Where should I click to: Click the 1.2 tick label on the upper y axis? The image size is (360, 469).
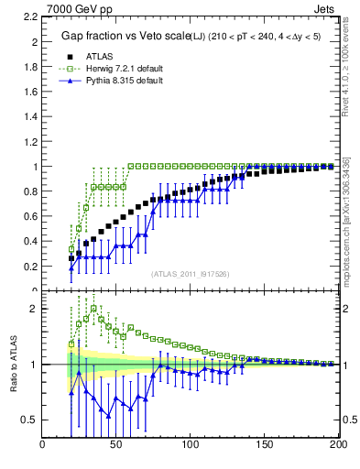[30, 142]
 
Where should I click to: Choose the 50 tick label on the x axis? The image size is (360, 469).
[116, 446]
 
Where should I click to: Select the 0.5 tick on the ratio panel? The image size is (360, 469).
[30, 420]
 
